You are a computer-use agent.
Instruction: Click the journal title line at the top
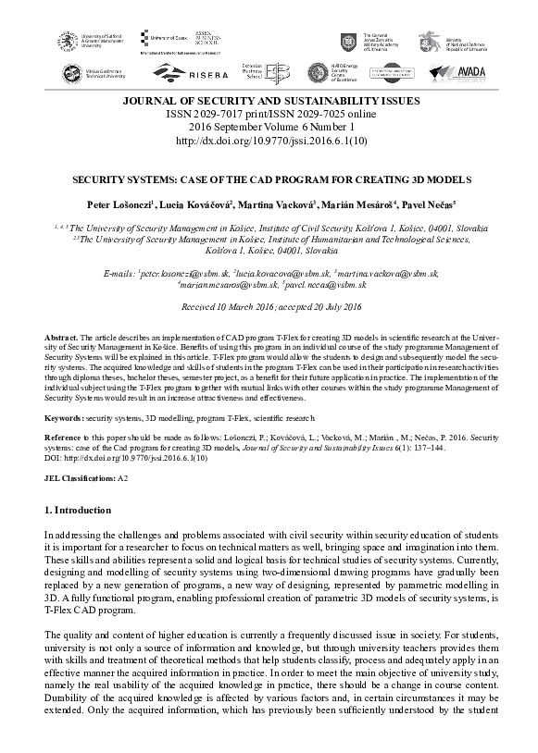click(269, 100)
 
